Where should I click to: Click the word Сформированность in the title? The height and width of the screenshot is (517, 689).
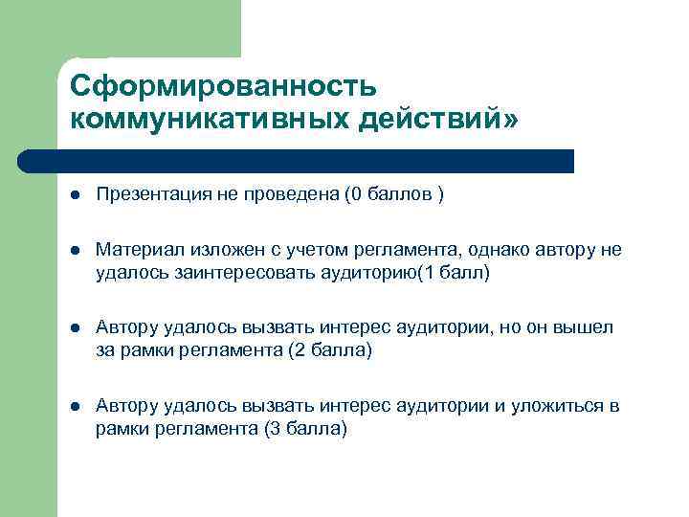(x=224, y=86)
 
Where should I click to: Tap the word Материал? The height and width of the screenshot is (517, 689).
(x=136, y=250)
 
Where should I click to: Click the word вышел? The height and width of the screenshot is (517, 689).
(x=589, y=328)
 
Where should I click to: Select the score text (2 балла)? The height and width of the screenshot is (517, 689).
(x=329, y=350)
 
